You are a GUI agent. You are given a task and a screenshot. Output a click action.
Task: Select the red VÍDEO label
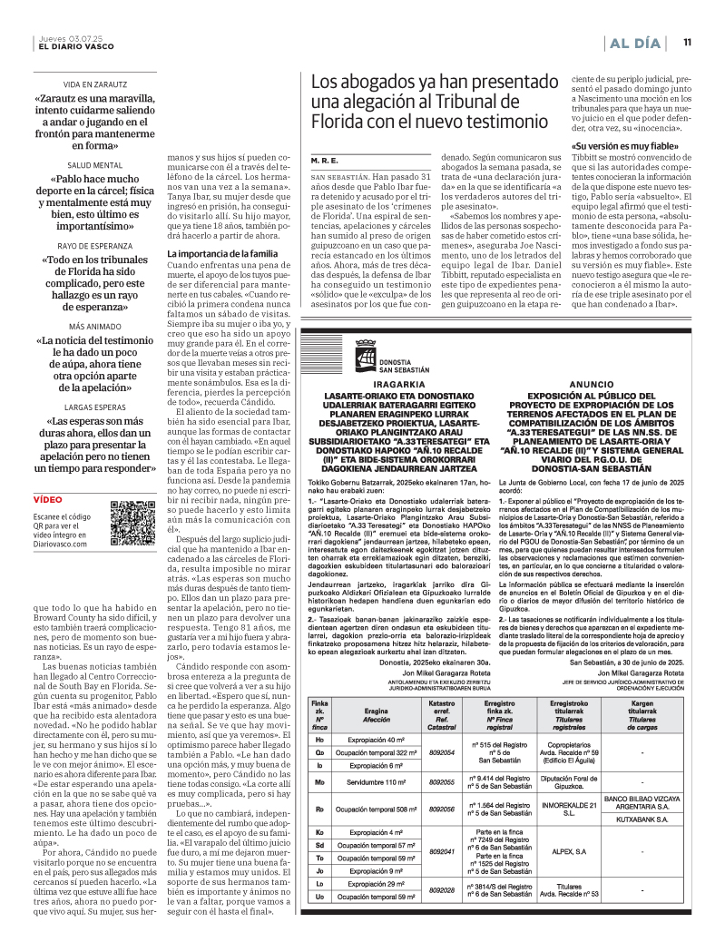(x=48, y=499)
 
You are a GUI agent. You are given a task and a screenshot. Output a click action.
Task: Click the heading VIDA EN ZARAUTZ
(x=94, y=83)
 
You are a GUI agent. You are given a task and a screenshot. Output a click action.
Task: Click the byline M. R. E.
(x=324, y=159)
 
